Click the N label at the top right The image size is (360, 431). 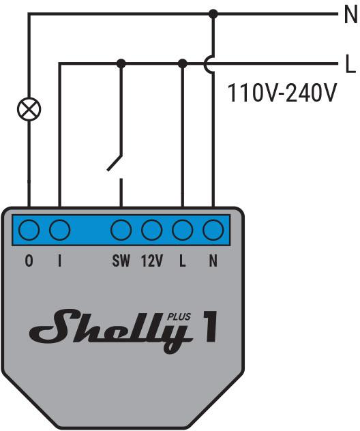pyautogui.click(x=349, y=13)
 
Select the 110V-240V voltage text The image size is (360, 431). pyautogui.click(x=282, y=92)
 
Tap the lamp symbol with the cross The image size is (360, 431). pyautogui.click(x=29, y=108)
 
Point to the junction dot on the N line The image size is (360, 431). pyautogui.click(x=213, y=13)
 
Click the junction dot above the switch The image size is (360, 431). pyautogui.click(x=121, y=63)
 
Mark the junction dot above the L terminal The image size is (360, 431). pyautogui.click(x=182, y=63)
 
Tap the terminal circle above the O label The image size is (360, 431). pyautogui.click(x=29, y=231)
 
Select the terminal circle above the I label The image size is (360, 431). pyautogui.click(x=60, y=231)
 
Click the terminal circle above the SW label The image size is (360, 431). pyautogui.click(x=121, y=231)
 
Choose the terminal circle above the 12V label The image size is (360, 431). pyautogui.click(x=151, y=231)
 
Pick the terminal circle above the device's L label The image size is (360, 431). pyautogui.click(x=182, y=231)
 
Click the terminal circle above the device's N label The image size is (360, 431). pyautogui.click(x=213, y=231)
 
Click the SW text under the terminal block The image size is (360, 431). pyautogui.click(x=121, y=261)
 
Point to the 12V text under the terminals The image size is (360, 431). pyautogui.click(x=151, y=261)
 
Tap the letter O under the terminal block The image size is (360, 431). pyautogui.click(x=29, y=261)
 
